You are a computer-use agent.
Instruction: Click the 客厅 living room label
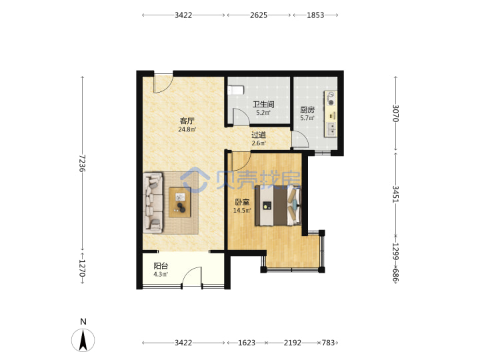pyautogui.click(x=187, y=121)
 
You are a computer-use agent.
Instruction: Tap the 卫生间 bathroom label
pyautogui.click(x=263, y=105)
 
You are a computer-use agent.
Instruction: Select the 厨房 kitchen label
pyautogui.click(x=307, y=110)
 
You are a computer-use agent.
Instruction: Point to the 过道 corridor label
pyautogui.click(x=259, y=135)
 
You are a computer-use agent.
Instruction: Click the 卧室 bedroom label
pyautogui.click(x=242, y=202)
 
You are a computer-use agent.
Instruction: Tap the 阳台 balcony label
pyautogui.click(x=161, y=266)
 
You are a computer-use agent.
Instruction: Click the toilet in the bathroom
pyautogui.click(x=236, y=90)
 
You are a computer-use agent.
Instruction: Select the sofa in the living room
pyautogui.click(x=153, y=203)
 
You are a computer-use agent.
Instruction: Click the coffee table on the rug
pyautogui.click(x=180, y=202)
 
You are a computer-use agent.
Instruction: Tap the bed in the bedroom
pyautogui.click(x=278, y=205)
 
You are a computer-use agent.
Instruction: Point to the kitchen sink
pyautogui.click(x=331, y=129)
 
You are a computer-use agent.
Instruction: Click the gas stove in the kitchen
pyautogui.click(x=331, y=98)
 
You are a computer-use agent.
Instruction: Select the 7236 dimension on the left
pyautogui.click(x=82, y=163)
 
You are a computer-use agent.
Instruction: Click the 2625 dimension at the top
pyautogui.click(x=259, y=15)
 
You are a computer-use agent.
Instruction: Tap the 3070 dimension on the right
pyautogui.click(x=395, y=113)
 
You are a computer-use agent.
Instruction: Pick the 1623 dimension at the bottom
pyautogui.click(x=247, y=343)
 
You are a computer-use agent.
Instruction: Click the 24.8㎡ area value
pyautogui.click(x=187, y=129)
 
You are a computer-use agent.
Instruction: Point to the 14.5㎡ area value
pyautogui.click(x=242, y=210)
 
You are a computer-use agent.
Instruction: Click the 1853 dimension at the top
pyautogui.click(x=315, y=15)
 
